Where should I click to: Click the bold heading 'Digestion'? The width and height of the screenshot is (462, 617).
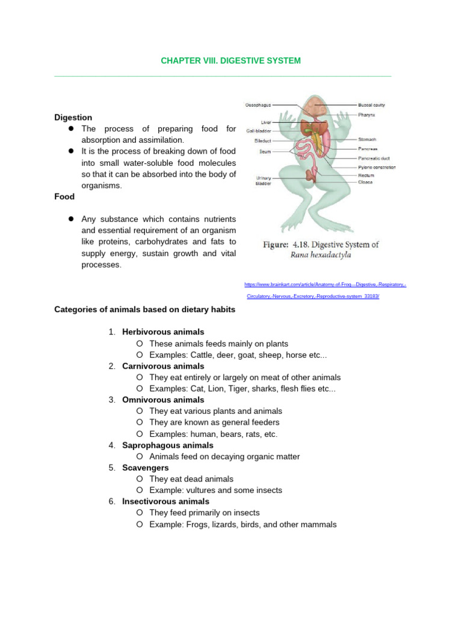73,117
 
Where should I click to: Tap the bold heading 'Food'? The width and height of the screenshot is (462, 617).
64,196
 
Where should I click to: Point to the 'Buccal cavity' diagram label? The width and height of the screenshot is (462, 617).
371,105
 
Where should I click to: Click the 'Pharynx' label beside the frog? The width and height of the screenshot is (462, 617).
368,113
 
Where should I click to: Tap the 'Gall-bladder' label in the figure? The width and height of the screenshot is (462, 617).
259,130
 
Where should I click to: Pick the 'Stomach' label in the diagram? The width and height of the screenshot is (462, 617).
368,139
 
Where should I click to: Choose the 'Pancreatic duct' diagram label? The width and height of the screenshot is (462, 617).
374,158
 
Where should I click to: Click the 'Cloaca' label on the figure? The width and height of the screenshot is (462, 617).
365,181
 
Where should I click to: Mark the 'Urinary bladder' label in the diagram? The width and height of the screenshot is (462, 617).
263,181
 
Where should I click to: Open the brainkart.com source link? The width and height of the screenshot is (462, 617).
325,284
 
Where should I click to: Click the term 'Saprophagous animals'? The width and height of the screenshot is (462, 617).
167,445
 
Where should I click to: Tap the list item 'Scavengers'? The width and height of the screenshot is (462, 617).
145,468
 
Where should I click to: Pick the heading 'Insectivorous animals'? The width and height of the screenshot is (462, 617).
165,501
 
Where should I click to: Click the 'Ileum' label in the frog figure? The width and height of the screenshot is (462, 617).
265,151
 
